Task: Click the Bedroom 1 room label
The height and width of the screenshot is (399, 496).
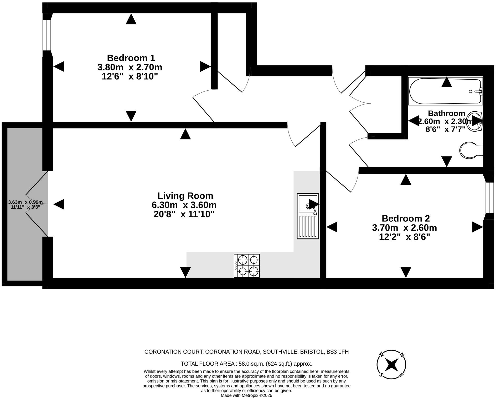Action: [x=131, y=58]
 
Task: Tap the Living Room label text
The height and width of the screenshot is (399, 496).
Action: [x=185, y=196]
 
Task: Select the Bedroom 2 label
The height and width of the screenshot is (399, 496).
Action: [x=406, y=218]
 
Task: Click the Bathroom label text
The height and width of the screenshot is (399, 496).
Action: [x=446, y=113]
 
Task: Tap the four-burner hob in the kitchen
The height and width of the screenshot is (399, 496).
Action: [x=247, y=266]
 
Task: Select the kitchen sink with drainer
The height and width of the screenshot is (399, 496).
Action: [x=308, y=216]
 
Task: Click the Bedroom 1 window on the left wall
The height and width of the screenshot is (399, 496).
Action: [x=47, y=35]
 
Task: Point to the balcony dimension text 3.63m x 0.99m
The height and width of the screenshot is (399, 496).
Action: [x=25, y=202]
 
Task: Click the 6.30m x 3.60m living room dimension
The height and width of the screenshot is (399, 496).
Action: [x=184, y=205]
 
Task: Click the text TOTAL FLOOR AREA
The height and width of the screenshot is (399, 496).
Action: [x=208, y=364]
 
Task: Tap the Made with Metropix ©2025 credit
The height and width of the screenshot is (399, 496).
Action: [x=246, y=395]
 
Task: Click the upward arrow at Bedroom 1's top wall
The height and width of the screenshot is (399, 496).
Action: [x=131, y=19]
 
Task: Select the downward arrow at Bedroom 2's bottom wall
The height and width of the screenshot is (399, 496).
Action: [x=406, y=272]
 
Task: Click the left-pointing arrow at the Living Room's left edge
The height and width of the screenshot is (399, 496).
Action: [x=59, y=204]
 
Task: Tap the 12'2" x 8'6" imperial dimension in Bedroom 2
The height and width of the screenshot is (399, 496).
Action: [x=404, y=237]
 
